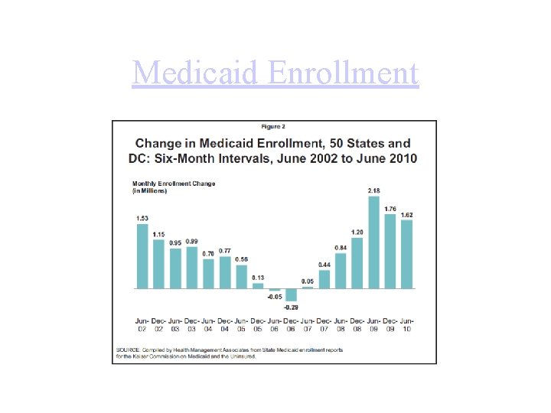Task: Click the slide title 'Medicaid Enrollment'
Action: (x=275, y=73)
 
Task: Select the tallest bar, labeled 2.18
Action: (x=373, y=242)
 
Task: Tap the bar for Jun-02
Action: (x=142, y=256)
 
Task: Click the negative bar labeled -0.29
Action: (x=291, y=294)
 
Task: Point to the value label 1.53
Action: (x=142, y=218)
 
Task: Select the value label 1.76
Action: (x=390, y=209)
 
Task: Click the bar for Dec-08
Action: (x=357, y=263)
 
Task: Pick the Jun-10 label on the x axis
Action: (x=406, y=324)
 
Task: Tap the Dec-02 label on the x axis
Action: (x=158, y=324)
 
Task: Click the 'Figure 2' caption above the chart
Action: (x=275, y=126)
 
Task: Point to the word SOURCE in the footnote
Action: (x=127, y=350)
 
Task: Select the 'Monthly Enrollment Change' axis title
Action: (x=174, y=184)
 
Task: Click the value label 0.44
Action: (x=324, y=265)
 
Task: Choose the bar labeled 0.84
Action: (x=341, y=271)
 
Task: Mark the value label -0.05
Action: (x=274, y=296)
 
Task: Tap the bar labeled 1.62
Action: (x=406, y=254)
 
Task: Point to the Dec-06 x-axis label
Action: (x=291, y=324)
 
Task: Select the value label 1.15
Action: (x=158, y=235)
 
